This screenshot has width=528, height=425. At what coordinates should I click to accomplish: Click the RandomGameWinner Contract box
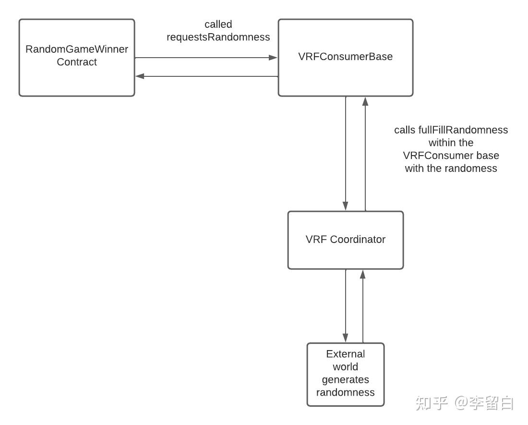(x=77, y=58)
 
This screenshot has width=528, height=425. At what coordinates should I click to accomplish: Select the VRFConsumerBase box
(x=346, y=58)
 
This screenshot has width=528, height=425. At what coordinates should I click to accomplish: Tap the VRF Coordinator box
(x=346, y=240)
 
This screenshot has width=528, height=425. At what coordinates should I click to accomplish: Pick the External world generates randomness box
(x=346, y=374)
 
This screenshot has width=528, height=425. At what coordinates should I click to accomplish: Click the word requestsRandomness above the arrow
(x=218, y=37)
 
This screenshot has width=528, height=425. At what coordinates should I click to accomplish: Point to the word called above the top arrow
(x=218, y=24)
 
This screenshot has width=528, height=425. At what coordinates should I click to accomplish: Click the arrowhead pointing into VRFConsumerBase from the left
(x=274, y=58)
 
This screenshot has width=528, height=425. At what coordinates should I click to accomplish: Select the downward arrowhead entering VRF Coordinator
(x=346, y=206)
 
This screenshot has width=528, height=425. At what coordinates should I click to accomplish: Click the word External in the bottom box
(x=346, y=354)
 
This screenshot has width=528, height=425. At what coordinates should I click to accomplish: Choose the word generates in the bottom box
(x=346, y=380)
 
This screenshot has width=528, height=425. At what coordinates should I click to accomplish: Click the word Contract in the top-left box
(x=77, y=62)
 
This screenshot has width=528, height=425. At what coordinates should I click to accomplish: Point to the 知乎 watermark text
(x=432, y=402)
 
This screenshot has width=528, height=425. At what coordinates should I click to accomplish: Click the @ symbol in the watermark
(x=462, y=403)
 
